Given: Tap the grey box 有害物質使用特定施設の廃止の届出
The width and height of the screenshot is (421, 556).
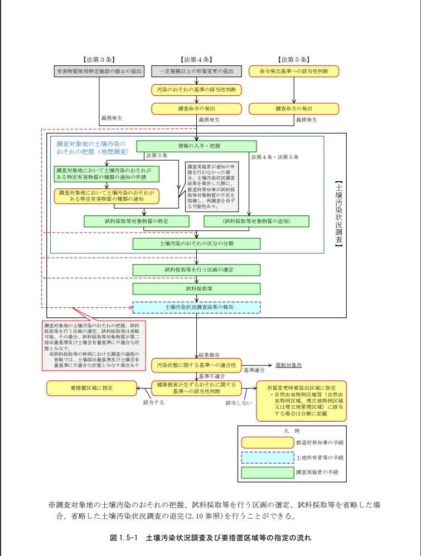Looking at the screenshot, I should [x=99, y=71].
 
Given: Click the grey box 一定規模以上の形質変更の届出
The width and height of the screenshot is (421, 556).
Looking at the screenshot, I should [x=196, y=71].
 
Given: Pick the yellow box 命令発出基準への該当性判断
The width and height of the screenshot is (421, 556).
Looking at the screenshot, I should [x=293, y=71].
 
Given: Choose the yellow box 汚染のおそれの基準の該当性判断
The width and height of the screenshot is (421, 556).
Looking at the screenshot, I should [x=196, y=90].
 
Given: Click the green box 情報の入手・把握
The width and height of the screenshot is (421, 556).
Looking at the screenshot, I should [x=196, y=146].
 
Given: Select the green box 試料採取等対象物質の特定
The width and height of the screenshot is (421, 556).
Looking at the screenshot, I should [x=137, y=221].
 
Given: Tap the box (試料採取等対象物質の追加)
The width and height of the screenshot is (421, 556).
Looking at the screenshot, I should [x=257, y=221].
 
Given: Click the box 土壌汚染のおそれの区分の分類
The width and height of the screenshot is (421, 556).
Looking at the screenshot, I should [x=196, y=244].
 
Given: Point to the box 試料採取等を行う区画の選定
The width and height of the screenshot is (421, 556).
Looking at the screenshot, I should [x=196, y=270].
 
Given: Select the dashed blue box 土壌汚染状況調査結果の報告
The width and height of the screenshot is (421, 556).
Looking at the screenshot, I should [x=196, y=307].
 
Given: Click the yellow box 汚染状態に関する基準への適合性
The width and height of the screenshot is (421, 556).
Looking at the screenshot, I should [x=196, y=365].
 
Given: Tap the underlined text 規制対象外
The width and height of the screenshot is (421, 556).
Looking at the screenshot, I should [x=288, y=365].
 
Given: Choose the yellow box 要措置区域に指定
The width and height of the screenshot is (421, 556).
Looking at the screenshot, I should [x=91, y=387].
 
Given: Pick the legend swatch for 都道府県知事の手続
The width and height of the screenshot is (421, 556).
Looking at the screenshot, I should [x=267, y=442].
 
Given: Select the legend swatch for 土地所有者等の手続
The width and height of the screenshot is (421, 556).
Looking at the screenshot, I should [x=267, y=457].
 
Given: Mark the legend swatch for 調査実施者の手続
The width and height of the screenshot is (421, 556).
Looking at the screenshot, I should [x=267, y=472].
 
